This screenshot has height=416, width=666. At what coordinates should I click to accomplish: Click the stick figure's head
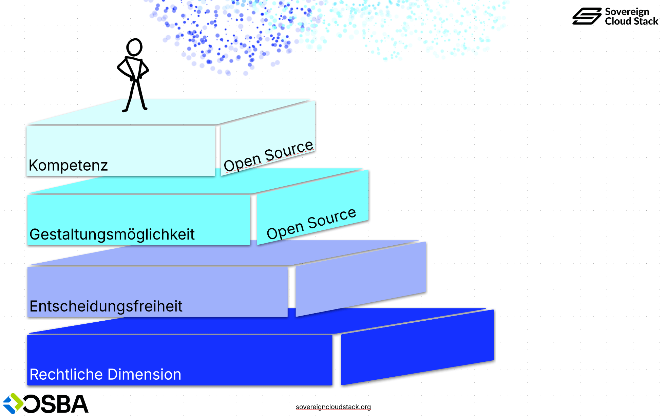[x=134, y=47]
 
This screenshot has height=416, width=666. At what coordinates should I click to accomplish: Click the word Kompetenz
[x=68, y=166]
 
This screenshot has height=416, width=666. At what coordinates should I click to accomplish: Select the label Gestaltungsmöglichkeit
[x=112, y=234]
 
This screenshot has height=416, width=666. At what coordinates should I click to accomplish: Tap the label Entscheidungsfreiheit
[x=106, y=306]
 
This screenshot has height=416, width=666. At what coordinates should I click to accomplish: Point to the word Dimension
[x=145, y=375]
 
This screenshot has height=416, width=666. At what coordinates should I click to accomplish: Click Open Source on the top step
[x=268, y=155]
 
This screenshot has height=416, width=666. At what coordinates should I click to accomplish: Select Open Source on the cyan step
[x=311, y=224]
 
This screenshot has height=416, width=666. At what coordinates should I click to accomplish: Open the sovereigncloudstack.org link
[x=333, y=407]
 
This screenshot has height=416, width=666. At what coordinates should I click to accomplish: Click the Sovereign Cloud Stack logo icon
[x=587, y=16]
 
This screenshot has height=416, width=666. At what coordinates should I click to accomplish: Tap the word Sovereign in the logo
[x=627, y=12]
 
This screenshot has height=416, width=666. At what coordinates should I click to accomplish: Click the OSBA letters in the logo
[x=56, y=404]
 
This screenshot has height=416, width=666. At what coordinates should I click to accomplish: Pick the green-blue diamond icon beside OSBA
[x=13, y=403]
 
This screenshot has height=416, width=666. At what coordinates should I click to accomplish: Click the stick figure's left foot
[x=125, y=110]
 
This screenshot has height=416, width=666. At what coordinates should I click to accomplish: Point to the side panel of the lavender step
[x=361, y=279]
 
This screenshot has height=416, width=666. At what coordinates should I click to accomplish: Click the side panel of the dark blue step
[x=417, y=348]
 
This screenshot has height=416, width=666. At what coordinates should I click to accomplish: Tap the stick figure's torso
[x=135, y=70]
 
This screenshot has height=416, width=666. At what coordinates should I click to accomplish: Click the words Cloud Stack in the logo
[x=631, y=21]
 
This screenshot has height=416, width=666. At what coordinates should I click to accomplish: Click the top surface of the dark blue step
[x=237, y=322]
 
